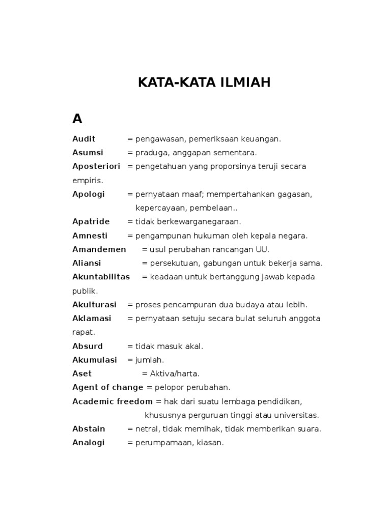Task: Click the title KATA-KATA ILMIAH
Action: pos(204,83)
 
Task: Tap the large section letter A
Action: pos(77,119)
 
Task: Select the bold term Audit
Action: pos(84,139)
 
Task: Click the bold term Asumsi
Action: pos(88,153)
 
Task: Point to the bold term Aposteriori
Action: pos(97,166)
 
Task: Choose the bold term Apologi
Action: pos(89,194)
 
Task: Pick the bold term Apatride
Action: pos(91,221)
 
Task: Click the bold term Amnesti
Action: pos(90,236)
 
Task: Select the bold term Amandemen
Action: pos(99,249)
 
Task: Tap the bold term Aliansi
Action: pos(87,263)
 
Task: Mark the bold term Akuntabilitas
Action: pos(101,277)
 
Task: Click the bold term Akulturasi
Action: pos(94,305)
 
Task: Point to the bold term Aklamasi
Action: pos(92,319)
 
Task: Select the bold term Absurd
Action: pos(88,346)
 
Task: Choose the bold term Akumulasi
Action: pos(95,360)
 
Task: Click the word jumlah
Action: pos(150,360)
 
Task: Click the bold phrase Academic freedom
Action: pos(113,401)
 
